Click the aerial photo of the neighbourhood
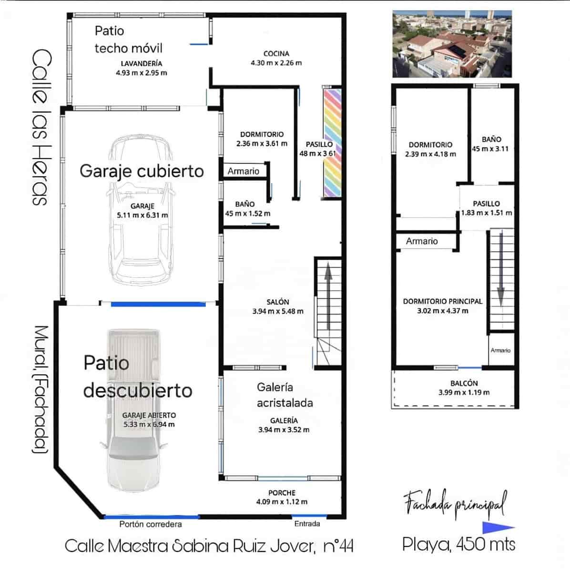[x=451, y=44]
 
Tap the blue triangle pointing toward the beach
[x=497, y=527]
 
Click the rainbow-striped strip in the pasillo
[x=332, y=143]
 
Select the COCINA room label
[x=276, y=53]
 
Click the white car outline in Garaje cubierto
[x=141, y=210]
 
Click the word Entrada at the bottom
[x=307, y=523]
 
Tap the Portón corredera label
[x=151, y=524]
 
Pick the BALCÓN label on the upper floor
[x=464, y=383]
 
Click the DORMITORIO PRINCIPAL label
[x=442, y=301]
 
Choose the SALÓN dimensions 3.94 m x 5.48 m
[x=278, y=311]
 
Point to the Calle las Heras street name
[x=40, y=127]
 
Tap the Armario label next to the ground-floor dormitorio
[x=243, y=171]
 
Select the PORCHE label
[x=282, y=492]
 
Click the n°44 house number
[x=338, y=546]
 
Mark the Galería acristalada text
[x=285, y=395]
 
